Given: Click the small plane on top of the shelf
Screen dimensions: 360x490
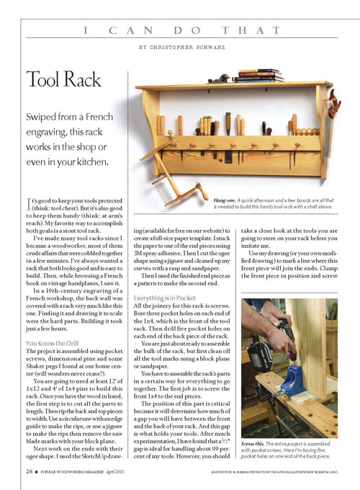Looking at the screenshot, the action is click(218, 78).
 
